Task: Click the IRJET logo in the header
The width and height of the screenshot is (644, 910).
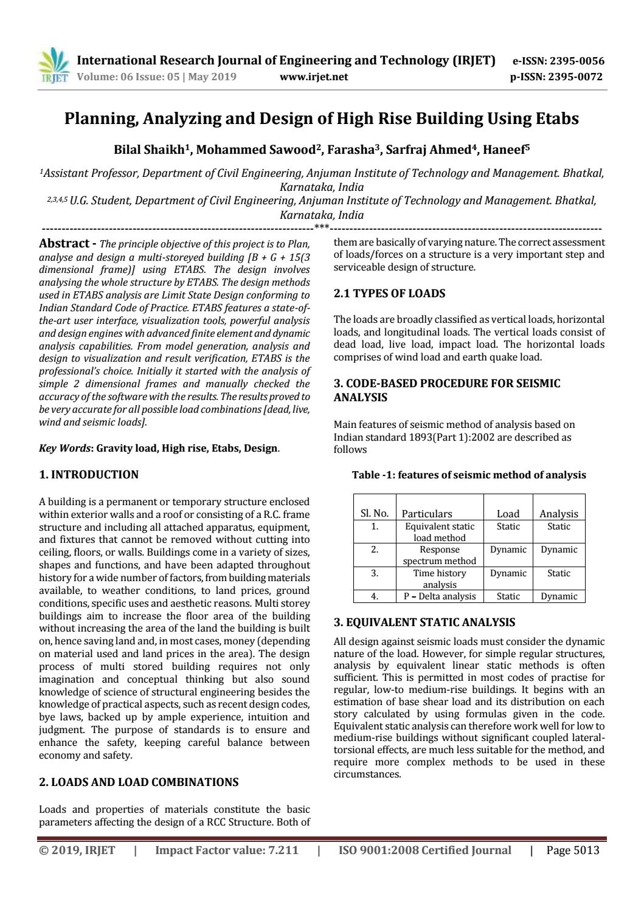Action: (54, 67)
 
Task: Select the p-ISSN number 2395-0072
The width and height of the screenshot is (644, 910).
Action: (575, 77)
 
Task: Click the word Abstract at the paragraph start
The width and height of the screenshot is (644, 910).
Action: (64, 244)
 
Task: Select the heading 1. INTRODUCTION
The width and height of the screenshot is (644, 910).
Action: (89, 475)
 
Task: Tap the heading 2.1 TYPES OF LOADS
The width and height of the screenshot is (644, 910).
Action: (389, 294)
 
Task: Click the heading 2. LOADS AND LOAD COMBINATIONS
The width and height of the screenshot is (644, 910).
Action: (139, 782)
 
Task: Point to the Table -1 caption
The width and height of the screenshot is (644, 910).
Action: (469, 475)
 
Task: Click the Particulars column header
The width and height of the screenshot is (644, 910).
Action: (427, 514)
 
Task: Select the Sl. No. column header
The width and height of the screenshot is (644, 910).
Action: (375, 514)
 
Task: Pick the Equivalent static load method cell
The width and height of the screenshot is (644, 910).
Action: (440, 532)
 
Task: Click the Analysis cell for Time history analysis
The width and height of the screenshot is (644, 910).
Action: (558, 573)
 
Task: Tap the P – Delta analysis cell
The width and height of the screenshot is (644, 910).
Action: (440, 596)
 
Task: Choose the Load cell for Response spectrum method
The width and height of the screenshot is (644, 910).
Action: (508, 550)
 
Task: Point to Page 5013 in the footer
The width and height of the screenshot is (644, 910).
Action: (573, 850)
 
